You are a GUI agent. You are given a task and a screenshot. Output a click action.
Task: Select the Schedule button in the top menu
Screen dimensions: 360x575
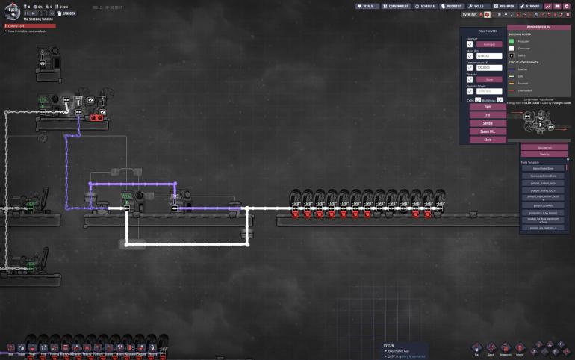point(425,6)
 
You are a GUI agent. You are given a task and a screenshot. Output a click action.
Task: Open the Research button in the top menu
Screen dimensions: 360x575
point(504,6)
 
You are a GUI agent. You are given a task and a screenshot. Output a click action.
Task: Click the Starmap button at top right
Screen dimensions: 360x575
point(529,6)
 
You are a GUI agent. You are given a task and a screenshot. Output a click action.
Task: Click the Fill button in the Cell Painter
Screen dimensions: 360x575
point(488,115)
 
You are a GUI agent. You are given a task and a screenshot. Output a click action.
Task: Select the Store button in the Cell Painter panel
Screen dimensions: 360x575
point(488,139)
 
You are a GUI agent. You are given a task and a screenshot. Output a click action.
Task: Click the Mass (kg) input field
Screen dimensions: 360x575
point(489,56)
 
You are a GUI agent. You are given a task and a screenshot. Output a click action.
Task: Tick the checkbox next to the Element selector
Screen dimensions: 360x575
point(470,44)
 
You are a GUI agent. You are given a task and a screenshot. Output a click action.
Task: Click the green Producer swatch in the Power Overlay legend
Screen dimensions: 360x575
point(512,41)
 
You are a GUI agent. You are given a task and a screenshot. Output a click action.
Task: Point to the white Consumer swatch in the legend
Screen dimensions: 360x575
point(512,48)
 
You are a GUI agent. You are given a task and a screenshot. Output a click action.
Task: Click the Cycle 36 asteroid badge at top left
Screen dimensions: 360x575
point(10,10)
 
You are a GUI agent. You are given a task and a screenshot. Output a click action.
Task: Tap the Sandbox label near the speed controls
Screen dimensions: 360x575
point(68,13)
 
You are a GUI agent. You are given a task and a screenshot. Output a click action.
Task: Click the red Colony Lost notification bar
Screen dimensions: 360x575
point(30,25)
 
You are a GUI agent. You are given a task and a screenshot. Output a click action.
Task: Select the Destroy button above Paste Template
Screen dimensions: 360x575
point(544,154)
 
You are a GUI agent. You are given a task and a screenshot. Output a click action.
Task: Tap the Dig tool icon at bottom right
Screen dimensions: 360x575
point(476,348)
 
